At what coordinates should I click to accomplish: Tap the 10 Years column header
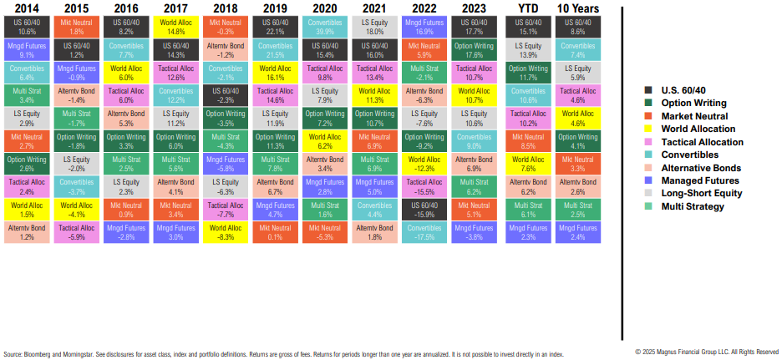577,10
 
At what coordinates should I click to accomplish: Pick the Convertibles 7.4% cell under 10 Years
577,49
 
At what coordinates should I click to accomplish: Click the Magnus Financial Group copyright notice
706,352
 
